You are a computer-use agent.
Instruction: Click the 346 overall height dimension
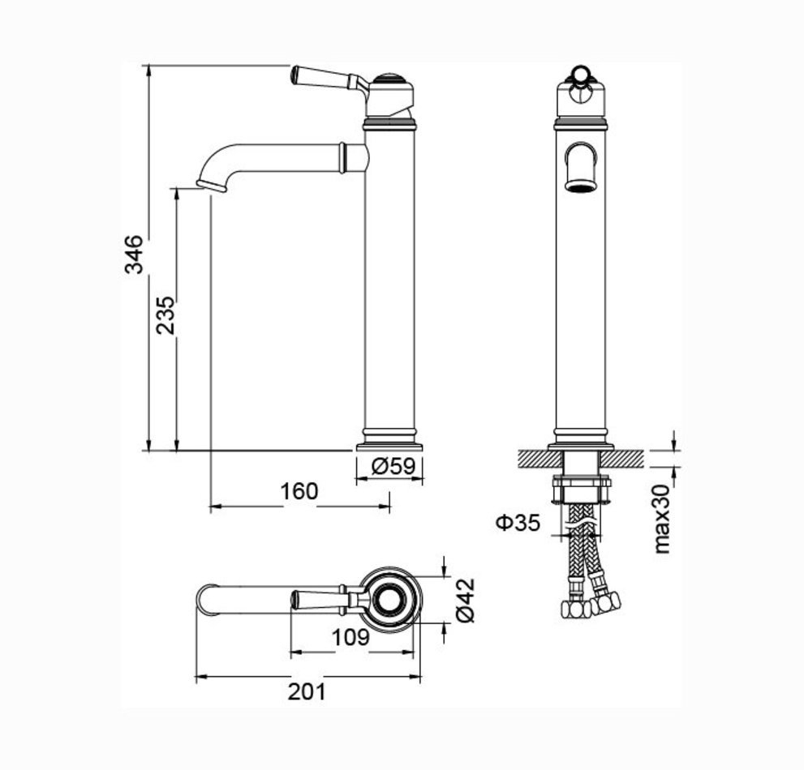click(x=135, y=255)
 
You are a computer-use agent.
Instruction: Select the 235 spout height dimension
click(x=166, y=315)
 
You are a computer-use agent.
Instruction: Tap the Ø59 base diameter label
click(x=393, y=466)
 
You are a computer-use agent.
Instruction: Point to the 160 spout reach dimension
click(x=299, y=491)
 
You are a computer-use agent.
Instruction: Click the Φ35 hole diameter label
click(x=518, y=523)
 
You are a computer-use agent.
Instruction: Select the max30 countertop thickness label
click(x=662, y=519)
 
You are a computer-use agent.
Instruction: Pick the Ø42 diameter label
click(x=466, y=601)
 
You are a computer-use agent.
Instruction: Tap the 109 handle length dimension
click(x=350, y=637)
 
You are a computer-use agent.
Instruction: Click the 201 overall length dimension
click(x=307, y=691)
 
